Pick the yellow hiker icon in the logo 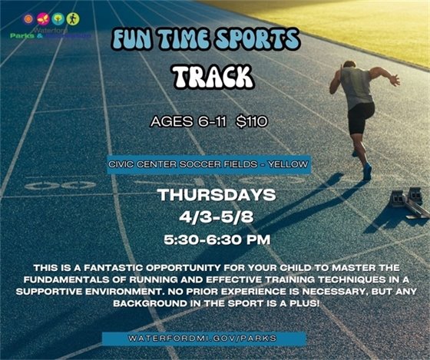click(72, 18)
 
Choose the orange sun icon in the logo click(28, 18)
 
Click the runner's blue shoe click(367, 173)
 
